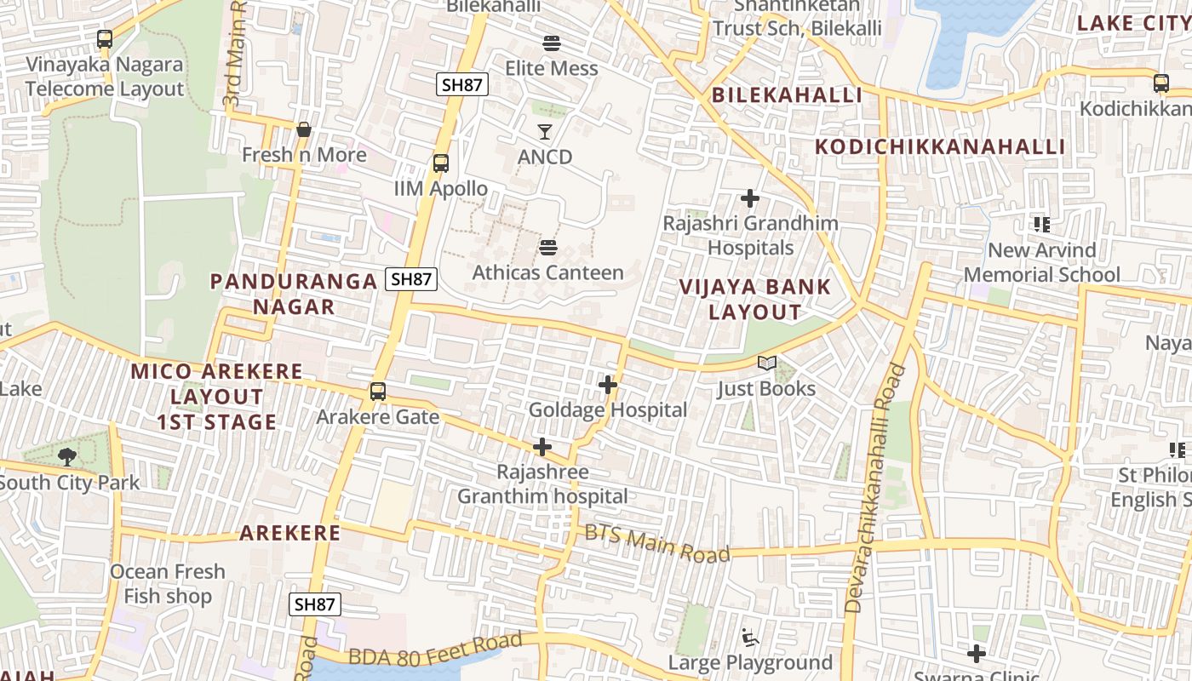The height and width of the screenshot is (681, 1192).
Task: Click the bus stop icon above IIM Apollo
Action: click(x=440, y=163)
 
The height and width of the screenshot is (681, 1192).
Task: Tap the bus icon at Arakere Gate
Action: click(x=377, y=392)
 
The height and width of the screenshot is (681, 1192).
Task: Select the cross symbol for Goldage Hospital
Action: click(x=607, y=385)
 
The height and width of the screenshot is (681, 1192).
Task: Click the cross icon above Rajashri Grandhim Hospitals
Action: click(x=749, y=198)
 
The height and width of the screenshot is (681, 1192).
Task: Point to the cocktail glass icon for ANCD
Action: click(x=545, y=131)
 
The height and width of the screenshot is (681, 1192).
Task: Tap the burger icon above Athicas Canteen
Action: click(x=548, y=248)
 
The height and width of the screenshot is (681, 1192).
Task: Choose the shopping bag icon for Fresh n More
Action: click(x=303, y=129)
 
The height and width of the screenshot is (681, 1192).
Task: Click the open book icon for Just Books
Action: click(x=766, y=363)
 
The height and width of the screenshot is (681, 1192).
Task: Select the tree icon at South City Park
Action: click(x=66, y=457)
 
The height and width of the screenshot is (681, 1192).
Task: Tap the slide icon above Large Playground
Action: click(x=749, y=637)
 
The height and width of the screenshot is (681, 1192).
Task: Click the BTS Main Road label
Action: click(x=657, y=543)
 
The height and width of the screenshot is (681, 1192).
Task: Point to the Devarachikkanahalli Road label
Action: click(x=874, y=488)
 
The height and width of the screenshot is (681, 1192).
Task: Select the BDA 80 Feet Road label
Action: click(x=436, y=649)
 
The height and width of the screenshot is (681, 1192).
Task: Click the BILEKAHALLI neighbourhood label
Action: click(x=787, y=94)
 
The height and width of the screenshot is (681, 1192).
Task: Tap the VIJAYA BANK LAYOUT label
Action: click(x=755, y=299)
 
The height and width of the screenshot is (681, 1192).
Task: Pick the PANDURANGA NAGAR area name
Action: click(x=294, y=294)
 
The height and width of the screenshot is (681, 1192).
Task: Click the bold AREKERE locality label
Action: click(x=289, y=533)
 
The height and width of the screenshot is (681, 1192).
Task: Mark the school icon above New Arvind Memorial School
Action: click(x=1041, y=225)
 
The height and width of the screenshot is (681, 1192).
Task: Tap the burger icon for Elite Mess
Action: click(x=551, y=43)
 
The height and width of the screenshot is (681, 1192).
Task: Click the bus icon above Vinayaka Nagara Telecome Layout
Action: click(x=104, y=39)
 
